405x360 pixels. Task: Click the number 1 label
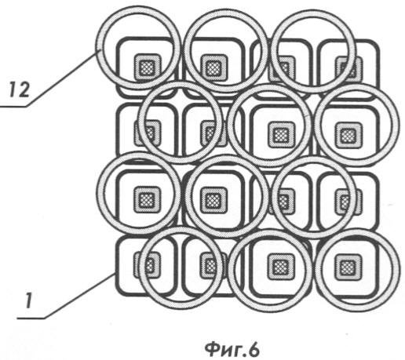coord(28,300)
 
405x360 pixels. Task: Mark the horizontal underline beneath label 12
coord(13,106)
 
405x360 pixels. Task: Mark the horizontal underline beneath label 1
coord(31,318)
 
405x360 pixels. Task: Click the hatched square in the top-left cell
coord(147,67)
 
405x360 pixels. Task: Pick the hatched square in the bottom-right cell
coord(348,267)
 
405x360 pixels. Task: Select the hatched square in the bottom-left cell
coord(148,265)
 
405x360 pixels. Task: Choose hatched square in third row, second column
coord(214,200)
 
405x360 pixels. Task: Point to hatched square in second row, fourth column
coord(348,135)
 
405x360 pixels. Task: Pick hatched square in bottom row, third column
coord(281,267)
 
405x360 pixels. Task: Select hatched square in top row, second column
coord(213,67)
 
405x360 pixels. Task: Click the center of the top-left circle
coord(138,48)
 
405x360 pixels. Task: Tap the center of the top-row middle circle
coord(225,50)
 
